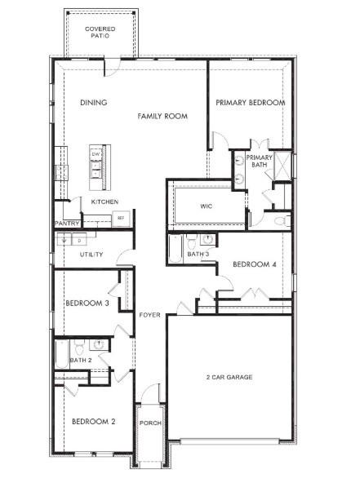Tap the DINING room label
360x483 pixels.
click(94, 103)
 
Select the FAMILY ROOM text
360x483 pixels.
click(162, 117)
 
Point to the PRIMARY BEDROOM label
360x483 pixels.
click(250, 103)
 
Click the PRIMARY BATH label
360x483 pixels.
click(259, 161)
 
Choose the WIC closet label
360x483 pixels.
click(207, 206)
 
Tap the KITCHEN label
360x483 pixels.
click(104, 202)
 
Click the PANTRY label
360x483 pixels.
click(65, 223)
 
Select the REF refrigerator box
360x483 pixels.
click(120, 218)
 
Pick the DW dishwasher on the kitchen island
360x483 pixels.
click(96, 154)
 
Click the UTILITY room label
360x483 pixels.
click(91, 255)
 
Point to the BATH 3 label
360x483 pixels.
click(198, 255)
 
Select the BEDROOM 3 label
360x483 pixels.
click(87, 303)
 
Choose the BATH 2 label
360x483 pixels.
click(80, 360)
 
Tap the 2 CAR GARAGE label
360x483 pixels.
click(229, 378)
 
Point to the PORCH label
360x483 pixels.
click(149, 423)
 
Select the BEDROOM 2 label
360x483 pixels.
click(93, 422)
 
